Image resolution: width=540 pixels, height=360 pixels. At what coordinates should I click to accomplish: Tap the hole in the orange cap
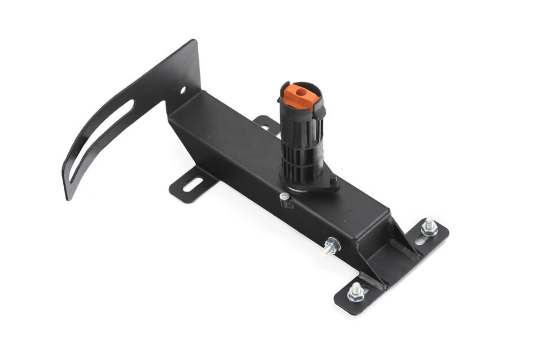click(299, 90)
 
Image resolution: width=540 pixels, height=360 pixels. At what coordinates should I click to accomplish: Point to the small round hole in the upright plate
click(182, 89)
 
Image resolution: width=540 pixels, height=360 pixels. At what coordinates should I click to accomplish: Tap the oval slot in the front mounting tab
click(193, 185)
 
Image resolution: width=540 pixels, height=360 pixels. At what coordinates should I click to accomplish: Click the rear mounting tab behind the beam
click(265, 123)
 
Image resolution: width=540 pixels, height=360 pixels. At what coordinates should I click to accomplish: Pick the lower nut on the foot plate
click(355, 292)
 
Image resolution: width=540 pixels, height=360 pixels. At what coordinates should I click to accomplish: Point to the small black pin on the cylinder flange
click(333, 180)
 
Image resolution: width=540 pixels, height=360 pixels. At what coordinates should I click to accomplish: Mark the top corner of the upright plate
click(195, 42)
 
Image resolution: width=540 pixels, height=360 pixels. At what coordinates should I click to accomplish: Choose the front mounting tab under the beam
click(192, 185)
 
